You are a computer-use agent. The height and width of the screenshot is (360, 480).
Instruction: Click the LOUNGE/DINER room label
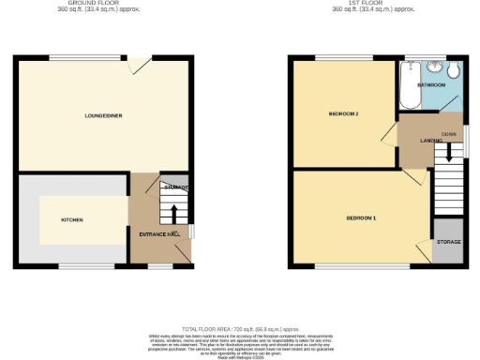(102, 115)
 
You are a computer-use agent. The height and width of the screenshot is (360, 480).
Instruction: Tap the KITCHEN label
(72, 220)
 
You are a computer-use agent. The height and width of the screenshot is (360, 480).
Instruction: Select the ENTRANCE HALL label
(159, 233)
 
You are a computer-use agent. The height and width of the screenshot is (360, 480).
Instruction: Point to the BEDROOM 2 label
(344, 114)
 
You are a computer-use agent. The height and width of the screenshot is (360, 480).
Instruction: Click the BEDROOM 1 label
(361, 218)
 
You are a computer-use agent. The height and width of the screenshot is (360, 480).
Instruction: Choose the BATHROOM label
(431, 85)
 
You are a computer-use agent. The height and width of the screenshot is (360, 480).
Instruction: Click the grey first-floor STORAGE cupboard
(447, 242)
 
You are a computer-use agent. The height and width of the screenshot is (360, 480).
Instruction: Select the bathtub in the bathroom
(409, 87)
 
